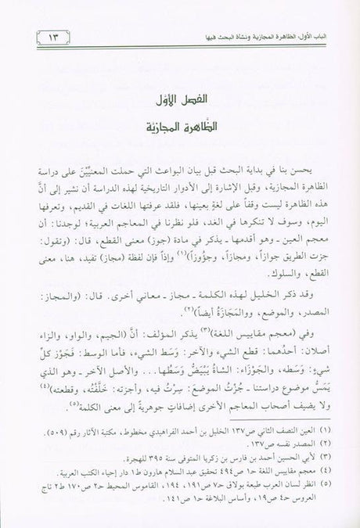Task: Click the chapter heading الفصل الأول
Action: click(x=180, y=102)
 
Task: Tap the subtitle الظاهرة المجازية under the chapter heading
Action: click(x=180, y=128)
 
